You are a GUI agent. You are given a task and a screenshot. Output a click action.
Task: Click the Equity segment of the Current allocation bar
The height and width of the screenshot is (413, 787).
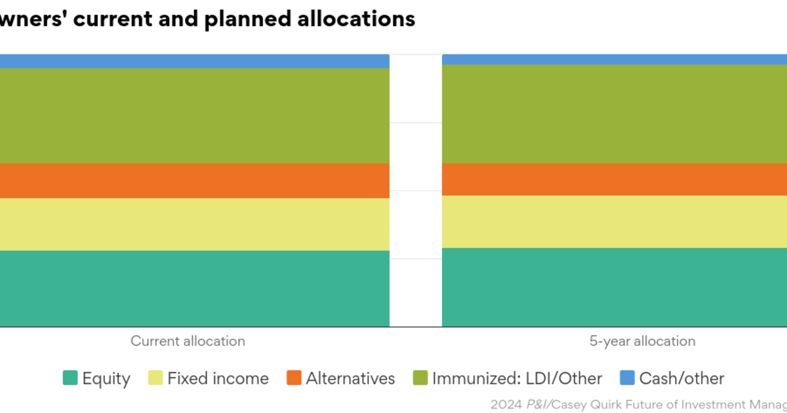195,288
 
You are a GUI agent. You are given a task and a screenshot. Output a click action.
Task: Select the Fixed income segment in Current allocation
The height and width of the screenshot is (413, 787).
195,224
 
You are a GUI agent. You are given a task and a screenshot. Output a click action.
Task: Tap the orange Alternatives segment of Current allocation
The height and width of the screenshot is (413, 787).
195,180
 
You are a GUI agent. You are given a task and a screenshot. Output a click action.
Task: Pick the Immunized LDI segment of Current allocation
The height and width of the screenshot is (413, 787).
195,115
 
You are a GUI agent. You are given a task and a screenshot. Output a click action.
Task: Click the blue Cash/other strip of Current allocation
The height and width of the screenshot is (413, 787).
195,61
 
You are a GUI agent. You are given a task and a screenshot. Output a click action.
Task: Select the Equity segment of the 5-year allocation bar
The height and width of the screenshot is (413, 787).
615,287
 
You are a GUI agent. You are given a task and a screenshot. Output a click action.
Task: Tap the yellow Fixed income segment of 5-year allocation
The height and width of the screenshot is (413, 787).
615,222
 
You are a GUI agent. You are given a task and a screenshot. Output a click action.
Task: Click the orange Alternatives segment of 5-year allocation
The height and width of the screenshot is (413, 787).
615,179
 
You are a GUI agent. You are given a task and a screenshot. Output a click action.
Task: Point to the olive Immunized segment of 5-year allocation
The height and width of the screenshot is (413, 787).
615,114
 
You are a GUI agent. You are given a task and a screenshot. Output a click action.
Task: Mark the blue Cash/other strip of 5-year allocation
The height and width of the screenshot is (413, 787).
615,60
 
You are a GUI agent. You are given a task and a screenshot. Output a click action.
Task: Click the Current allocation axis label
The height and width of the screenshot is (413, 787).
188,341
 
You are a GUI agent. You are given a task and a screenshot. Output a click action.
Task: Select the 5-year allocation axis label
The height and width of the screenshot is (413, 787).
641,341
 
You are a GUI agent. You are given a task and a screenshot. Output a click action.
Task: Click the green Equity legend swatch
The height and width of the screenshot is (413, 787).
70,378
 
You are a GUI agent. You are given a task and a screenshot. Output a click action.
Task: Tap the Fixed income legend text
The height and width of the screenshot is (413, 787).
218,378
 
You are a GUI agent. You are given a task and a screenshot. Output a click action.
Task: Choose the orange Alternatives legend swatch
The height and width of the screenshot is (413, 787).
294,378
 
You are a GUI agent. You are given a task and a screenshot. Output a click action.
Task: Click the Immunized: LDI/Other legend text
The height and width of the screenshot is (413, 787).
517,378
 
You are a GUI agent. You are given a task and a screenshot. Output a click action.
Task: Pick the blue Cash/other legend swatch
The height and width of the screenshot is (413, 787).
627,378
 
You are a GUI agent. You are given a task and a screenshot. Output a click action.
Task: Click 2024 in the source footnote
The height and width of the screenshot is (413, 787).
505,404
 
